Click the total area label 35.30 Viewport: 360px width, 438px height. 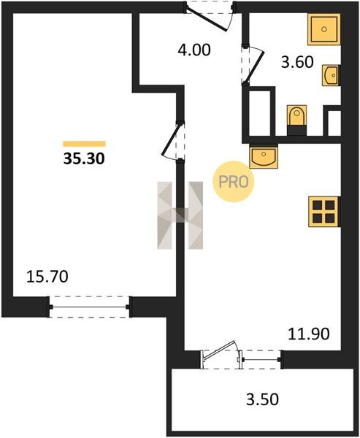click(x=84, y=158)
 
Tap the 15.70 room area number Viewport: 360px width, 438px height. click(x=47, y=277)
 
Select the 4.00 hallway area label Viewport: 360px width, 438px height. click(x=194, y=50)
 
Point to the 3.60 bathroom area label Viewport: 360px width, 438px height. click(x=297, y=62)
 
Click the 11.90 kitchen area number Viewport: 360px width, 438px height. click(x=309, y=334)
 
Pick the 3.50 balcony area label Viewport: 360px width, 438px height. click(x=262, y=399)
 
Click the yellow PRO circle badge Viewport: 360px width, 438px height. click(x=234, y=182)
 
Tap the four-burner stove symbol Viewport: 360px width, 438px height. click(x=324, y=212)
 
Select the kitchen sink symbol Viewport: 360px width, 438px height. click(x=264, y=157)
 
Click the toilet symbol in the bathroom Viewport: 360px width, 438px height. click(x=296, y=120)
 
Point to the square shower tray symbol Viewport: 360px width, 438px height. click(x=324, y=29)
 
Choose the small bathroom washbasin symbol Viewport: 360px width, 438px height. click(x=332, y=75)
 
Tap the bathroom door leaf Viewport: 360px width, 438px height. click(x=254, y=68)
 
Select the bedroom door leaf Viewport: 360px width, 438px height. click(x=170, y=139)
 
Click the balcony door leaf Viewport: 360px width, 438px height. click(x=219, y=350)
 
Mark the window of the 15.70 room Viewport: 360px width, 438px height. click(x=89, y=307)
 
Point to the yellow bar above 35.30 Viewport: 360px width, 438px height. click(x=84, y=144)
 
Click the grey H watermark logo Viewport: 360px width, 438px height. click(x=180, y=215)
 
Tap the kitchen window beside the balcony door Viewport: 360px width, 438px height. click(x=261, y=360)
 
